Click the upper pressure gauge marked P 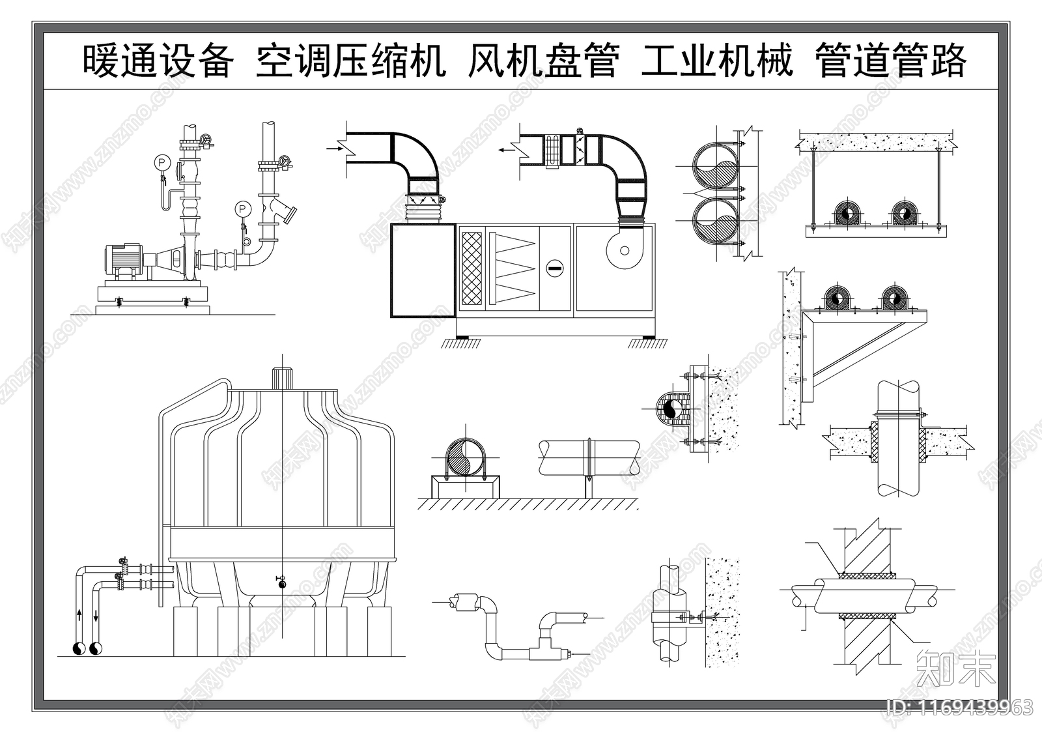click(x=162, y=161)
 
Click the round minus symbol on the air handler click(x=554, y=266)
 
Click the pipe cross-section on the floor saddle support click(x=465, y=457)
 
